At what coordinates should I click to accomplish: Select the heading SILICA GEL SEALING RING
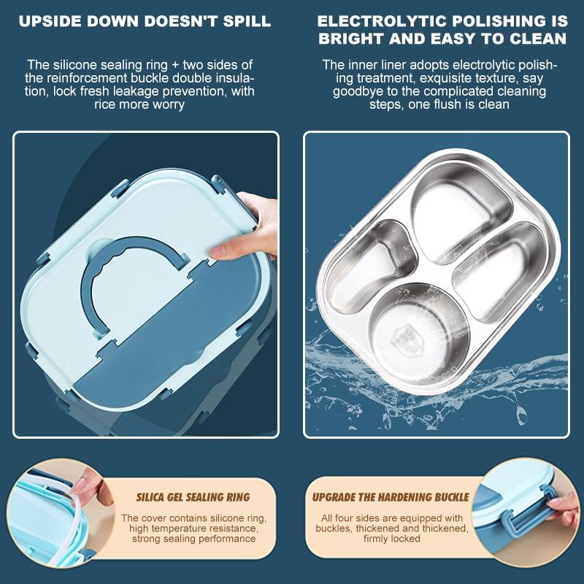pyautogui.click(x=193, y=497)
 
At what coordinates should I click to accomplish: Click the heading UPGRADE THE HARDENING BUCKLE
pyautogui.click(x=391, y=497)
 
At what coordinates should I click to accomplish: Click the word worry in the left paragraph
pyautogui.click(x=168, y=104)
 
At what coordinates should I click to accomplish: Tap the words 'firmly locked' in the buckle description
pyautogui.click(x=392, y=539)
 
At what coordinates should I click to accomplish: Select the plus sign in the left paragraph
pyautogui.click(x=175, y=66)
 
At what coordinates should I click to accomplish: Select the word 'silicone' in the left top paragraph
pyautogui.click(x=74, y=65)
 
